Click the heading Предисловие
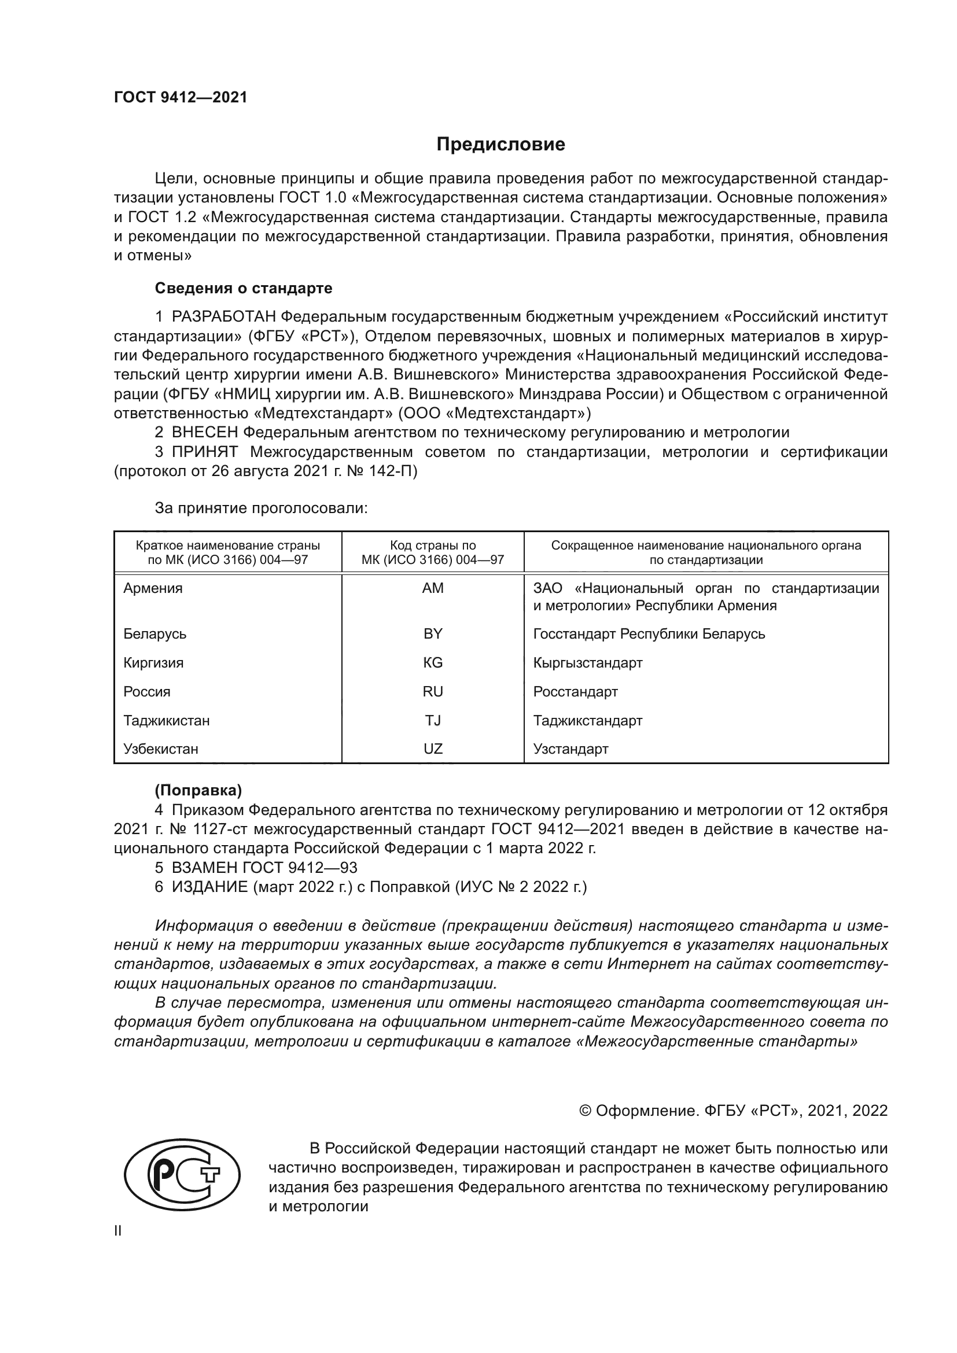tap(500, 145)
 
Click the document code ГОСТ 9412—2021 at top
tap(181, 98)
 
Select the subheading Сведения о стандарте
tap(244, 288)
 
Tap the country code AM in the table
tap(433, 588)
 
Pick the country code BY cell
tap(433, 634)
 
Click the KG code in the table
tap(433, 663)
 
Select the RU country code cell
tap(433, 692)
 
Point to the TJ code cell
tap(433, 721)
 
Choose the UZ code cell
tap(433, 750)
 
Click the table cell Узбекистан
tap(160, 750)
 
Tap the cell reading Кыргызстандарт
tap(587, 663)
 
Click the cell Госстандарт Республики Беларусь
tap(649, 634)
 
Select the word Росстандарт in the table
tap(575, 692)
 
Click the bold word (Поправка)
tap(198, 790)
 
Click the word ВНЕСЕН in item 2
tap(204, 433)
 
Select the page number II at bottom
tap(118, 1231)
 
